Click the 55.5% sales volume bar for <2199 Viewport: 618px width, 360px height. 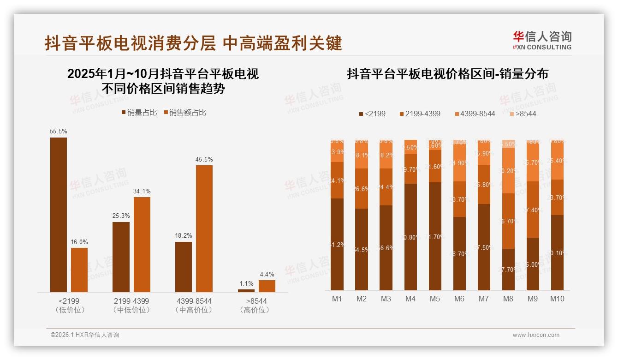click(x=59, y=215)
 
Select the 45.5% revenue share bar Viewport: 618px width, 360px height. click(x=204, y=228)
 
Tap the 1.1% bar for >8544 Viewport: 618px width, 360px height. click(x=246, y=290)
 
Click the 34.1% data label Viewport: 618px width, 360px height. click(x=142, y=191)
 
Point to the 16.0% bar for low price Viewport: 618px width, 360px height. click(x=79, y=270)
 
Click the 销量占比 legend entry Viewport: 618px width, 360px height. click(x=139, y=112)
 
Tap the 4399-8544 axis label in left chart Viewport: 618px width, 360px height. click(x=194, y=301)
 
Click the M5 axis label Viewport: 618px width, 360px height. click(x=434, y=299)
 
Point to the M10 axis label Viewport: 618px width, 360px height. click(x=557, y=299)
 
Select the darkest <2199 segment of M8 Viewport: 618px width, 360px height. click(x=508, y=270)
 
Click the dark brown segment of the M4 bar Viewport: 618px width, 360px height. click(x=410, y=237)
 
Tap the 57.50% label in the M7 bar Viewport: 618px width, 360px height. click(x=483, y=247)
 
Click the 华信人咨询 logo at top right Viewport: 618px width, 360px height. click(x=542, y=40)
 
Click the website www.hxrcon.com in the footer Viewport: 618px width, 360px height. click(x=536, y=335)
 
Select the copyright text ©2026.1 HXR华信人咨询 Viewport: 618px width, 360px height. click(x=85, y=335)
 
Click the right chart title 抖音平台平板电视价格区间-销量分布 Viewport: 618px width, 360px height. click(x=447, y=74)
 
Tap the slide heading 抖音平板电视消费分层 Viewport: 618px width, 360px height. click(x=130, y=43)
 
